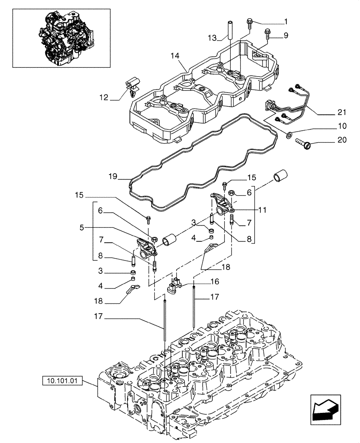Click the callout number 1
point(286,22)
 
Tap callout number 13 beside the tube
point(212,38)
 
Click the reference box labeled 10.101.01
point(63,380)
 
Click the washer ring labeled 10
point(289,135)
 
